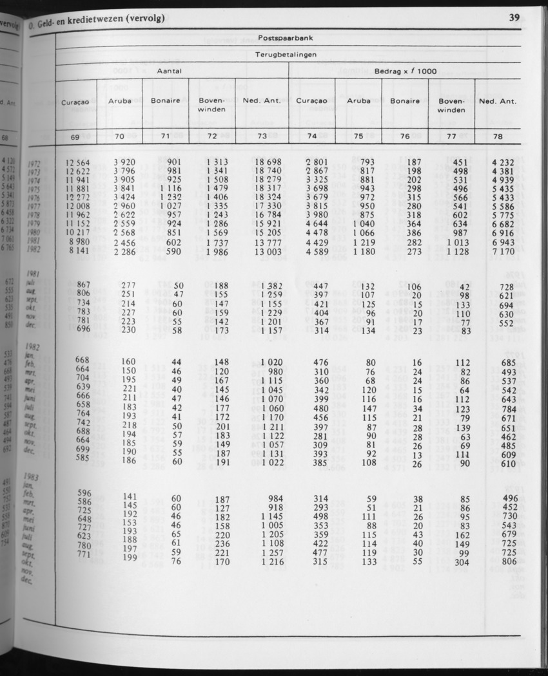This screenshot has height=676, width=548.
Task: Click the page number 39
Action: click(514, 18)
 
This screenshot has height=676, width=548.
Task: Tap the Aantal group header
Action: click(170, 72)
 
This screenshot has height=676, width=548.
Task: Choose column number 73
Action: click(261, 136)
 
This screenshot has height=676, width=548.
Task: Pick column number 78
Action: click(498, 136)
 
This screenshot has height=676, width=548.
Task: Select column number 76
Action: click(404, 136)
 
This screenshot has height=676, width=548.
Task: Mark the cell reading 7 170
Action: click(500, 251)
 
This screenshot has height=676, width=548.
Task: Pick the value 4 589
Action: click(309, 251)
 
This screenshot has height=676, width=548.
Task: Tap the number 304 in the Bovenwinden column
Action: click(460, 561)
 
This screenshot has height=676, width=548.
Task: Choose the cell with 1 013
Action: click(456, 242)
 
